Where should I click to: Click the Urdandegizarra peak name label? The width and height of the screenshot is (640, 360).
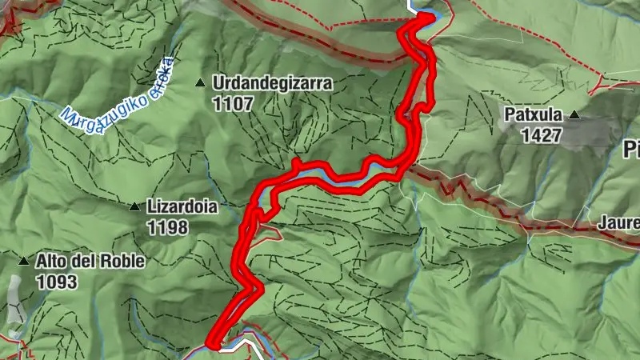pos(272,82)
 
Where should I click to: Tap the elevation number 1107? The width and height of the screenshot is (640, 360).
pos(233,103)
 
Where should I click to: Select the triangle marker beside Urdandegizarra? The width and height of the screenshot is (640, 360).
pos(201,82)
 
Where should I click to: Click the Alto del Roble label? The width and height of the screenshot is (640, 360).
pos(90,261)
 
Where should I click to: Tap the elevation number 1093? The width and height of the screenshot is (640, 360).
pos(56,282)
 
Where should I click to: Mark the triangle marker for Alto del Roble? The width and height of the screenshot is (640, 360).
pos(24,261)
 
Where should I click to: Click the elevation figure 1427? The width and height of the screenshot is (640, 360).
pos(542,136)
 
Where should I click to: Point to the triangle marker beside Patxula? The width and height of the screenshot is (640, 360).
pos(574,116)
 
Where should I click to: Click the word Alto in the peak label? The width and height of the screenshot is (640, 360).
pos(51,261)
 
